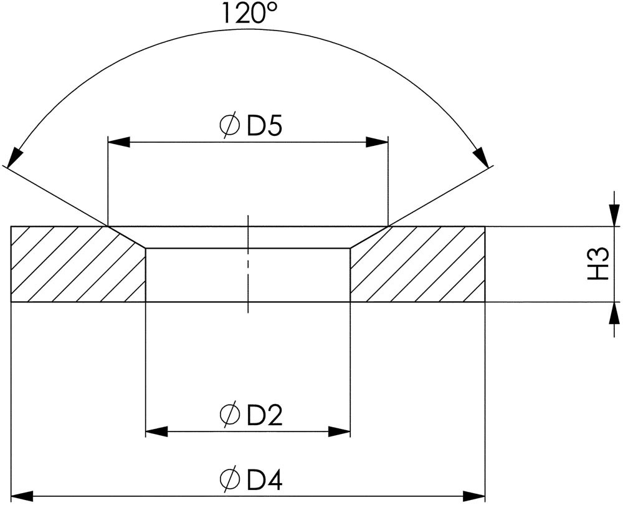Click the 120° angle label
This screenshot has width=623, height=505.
[250, 13]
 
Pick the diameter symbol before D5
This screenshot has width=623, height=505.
[230, 126]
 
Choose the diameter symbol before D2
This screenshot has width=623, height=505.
[230, 415]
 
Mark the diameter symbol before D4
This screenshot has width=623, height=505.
[230, 479]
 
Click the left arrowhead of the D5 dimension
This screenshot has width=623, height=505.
[119, 142]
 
